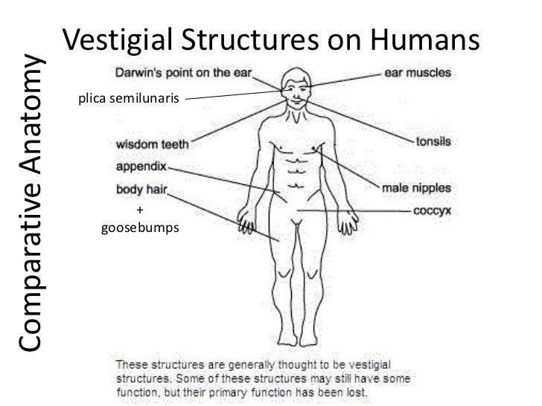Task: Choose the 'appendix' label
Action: click(x=143, y=167)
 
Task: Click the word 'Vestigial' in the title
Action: click(x=121, y=39)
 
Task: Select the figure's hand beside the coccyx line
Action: click(x=347, y=223)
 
